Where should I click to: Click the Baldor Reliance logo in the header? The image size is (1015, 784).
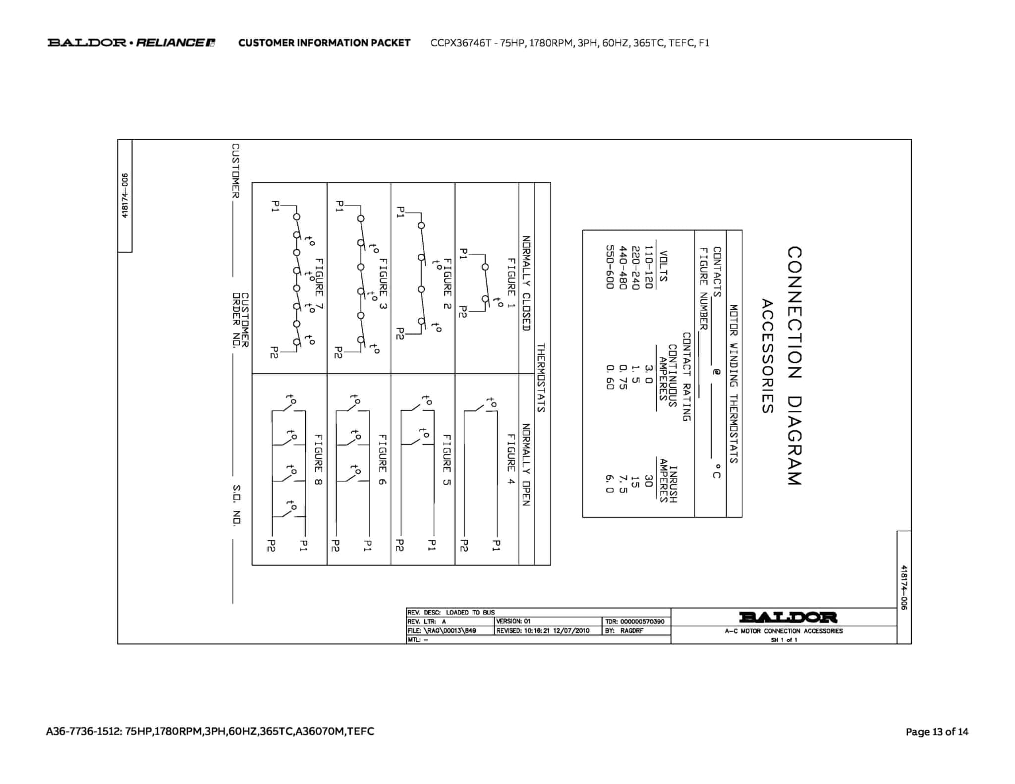(x=131, y=43)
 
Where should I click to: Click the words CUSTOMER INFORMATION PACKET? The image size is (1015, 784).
(x=324, y=43)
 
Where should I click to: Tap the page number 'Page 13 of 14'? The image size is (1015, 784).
(x=937, y=731)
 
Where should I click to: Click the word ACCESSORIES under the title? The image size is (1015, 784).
(x=767, y=356)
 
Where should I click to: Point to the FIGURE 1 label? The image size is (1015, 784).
(x=511, y=283)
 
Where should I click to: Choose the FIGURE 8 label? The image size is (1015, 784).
(x=318, y=459)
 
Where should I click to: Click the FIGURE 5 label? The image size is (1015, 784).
(x=447, y=459)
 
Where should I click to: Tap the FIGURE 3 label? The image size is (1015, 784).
(x=383, y=284)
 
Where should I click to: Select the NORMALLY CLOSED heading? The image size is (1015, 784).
(x=526, y=283)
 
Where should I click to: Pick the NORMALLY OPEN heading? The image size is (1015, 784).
(x=526, y=464)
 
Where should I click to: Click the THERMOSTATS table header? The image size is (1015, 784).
(x=541, y=378)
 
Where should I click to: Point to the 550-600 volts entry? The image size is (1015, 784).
(x=610, y=267)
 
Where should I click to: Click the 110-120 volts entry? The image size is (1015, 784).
(x=649, y=267)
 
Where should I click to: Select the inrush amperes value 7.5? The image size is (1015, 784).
(x=623, y=484)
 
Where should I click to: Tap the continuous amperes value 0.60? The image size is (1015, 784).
(x=610, y=377)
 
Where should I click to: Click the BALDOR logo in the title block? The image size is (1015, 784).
(x=788, y=617)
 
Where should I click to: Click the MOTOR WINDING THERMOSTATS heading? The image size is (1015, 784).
(x=733, y=384)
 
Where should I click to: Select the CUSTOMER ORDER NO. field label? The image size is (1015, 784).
(x=240, y=320)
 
